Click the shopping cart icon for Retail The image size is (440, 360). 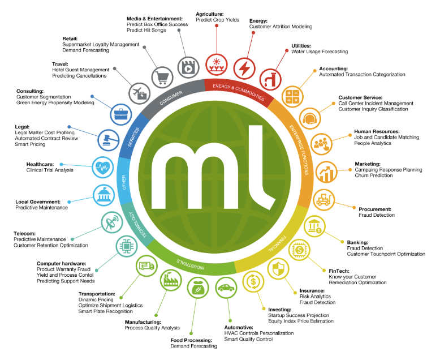click(162, 76)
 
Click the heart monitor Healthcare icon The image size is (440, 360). click(103, 167)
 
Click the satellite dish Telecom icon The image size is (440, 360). click(111, 222)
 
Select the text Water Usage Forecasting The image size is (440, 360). click(320, 52)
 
